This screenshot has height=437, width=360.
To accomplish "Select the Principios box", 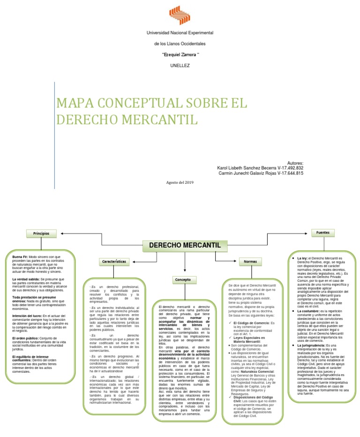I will pyautogui.click(x=41, y=233).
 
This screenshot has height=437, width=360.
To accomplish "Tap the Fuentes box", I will pyautogui.click(x=322, y=233).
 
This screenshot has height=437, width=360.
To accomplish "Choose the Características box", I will pyautogui.click(x=114, y=261).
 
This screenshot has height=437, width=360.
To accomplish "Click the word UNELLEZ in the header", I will pyautogui.click(x=180, y=65).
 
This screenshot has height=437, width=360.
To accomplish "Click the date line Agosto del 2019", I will pyautogui.click(x=180, y=182).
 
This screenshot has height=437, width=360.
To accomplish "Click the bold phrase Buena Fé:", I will pyautogui.click(x=20, y=257).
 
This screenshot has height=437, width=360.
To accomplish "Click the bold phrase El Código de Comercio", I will pyautogui.click(x=251, y=323).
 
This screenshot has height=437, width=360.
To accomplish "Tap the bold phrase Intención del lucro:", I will pyautogui.click(x=27, y=316).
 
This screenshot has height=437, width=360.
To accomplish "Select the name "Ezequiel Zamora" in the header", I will pyautogui.click(x=180, y=55).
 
